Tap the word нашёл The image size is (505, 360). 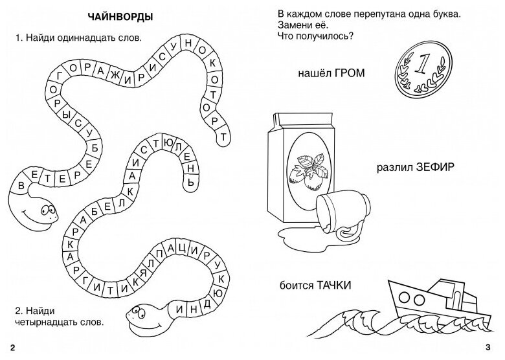309,73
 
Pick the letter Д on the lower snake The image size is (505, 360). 207,303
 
